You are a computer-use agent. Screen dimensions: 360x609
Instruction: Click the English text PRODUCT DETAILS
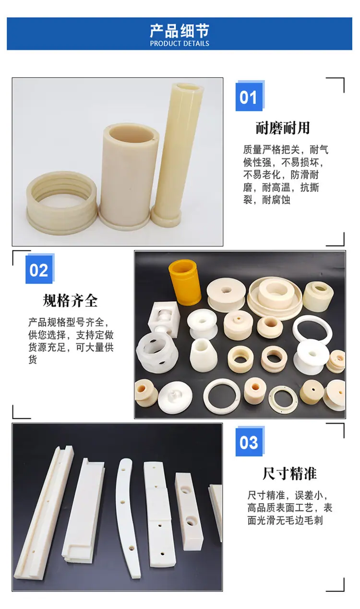pyautogui.click(x=180, y=44)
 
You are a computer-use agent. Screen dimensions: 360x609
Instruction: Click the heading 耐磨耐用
pyautogui.click(x=283, y=128)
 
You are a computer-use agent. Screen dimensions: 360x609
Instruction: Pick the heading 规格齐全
pyautogui.click(x=70, y=300)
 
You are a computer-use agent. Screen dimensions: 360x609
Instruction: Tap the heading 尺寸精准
pyautogui.click(x=289, y=473)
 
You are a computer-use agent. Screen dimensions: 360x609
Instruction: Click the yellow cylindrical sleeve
pyautogui.click(x=185, y=282)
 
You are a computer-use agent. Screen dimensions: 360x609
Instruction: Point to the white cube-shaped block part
pyautogui.click(x=164, y=318)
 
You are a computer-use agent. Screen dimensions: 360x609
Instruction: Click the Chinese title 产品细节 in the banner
pyautogui.click(x=180, y=30)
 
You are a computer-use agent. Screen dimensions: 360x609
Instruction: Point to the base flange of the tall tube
pyautogui.click(x=166, y=217)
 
